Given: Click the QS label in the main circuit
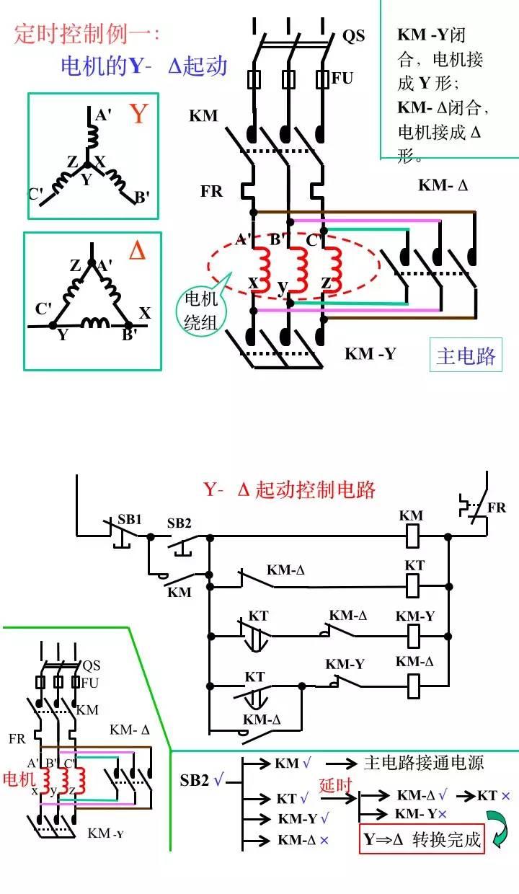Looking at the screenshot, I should coord(353,35).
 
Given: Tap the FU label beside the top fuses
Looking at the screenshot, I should coord(342,77).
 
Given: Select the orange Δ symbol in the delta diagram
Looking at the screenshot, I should coord(137,250).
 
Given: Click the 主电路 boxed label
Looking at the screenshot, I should coord(466,355).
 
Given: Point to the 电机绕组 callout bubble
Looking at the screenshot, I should coord(200,311).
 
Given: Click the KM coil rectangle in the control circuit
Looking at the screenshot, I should coord(413,536).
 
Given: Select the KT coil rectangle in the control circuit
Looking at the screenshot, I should coord(413,585).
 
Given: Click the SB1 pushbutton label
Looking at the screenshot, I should coord(130,519).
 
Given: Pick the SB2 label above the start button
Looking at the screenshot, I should coord(179,523).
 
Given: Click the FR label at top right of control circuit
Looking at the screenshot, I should coord(497,508).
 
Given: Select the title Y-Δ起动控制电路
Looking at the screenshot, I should coord(290,490).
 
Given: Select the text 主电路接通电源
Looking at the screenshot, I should coord(423,763).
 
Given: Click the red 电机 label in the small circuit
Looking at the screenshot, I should coord(18,779).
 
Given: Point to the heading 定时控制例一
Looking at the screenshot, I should coord(87,34).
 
